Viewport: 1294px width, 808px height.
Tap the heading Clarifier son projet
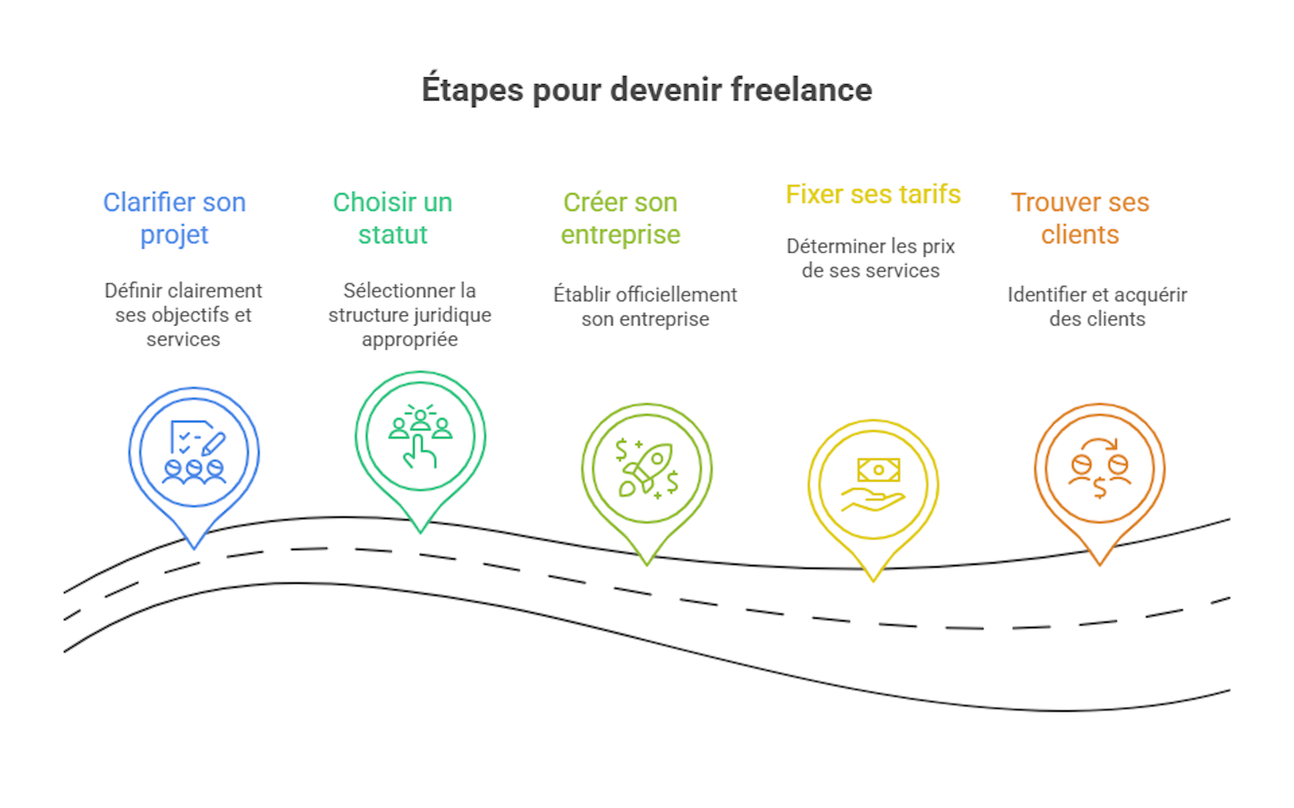pos(174,219)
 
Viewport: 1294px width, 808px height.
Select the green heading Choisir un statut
pos(393,219)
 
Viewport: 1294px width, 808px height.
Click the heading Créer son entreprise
pos(620,219)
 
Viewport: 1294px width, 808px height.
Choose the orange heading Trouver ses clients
pos(1080,219)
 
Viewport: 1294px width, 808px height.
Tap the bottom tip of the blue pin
pos(194,547)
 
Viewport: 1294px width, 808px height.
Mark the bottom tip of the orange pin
pos(1099,564)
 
